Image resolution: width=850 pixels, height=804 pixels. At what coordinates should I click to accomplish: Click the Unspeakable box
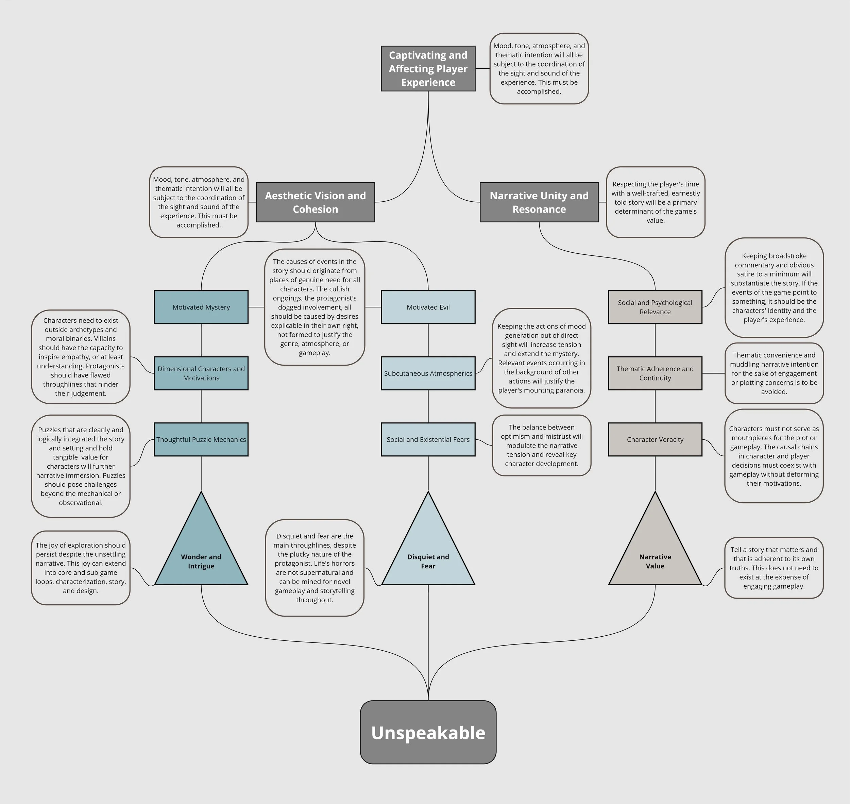428,733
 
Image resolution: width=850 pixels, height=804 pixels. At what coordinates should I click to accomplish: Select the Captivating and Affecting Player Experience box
428,69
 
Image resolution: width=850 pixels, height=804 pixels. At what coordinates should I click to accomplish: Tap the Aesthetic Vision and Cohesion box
315,202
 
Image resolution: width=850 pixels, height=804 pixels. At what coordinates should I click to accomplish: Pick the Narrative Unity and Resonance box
539,202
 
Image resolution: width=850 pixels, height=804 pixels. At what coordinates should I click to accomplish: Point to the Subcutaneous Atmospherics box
428,373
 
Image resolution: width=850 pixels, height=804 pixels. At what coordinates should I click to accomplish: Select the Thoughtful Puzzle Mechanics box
201,439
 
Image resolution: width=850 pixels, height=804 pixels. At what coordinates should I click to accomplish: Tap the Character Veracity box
655,439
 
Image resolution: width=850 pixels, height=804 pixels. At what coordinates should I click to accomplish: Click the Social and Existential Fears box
428,439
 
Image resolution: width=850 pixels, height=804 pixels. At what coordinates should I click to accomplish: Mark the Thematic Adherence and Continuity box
655,373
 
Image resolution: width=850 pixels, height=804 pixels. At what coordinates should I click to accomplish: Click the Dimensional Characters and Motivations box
201,373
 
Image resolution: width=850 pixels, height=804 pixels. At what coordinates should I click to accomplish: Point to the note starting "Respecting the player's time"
656,202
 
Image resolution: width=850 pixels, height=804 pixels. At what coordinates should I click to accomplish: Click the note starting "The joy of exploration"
81,568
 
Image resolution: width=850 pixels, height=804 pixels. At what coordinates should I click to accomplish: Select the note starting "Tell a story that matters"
774,568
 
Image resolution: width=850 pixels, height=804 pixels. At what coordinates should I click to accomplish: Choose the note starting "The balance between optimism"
542,445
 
